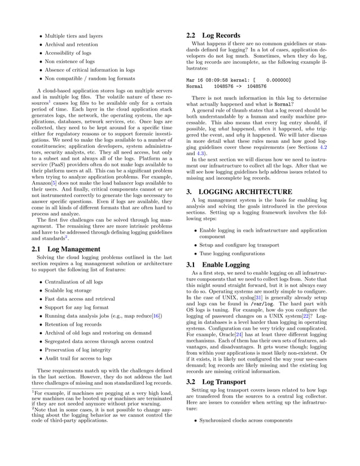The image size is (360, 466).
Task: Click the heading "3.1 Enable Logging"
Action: point(218,265)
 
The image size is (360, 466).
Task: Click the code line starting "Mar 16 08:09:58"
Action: point(238,81)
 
